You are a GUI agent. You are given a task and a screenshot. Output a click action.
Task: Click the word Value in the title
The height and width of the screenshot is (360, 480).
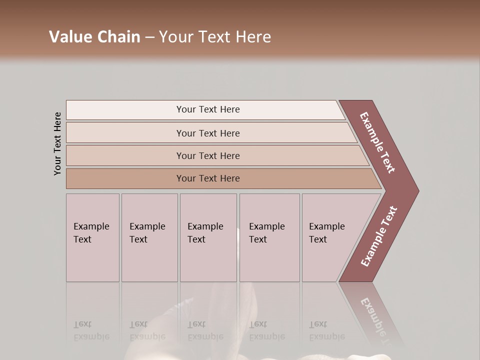tap(69, 36)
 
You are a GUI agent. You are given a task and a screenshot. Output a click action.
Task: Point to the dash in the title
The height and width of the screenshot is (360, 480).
tap(149, 37)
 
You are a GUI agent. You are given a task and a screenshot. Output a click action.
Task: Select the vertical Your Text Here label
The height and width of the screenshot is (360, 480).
tap(57, 143)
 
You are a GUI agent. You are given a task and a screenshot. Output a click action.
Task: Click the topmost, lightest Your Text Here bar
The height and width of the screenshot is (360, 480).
tap(207, 109)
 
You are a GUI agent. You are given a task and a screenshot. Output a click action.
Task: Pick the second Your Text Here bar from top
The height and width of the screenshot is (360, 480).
tap(207, 133)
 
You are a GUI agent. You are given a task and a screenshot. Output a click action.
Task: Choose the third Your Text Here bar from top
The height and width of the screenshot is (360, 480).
tap(207, 155)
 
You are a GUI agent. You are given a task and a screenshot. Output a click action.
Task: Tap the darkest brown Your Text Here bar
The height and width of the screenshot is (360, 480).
tap(207, 178)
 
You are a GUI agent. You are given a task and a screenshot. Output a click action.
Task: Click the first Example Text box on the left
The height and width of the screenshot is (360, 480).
tap(92, 237)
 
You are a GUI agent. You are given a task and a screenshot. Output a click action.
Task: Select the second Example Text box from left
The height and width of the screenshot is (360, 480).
tap(149, 237)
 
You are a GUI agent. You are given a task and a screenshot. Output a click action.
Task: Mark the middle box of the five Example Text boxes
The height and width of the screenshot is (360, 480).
tap(208, 237)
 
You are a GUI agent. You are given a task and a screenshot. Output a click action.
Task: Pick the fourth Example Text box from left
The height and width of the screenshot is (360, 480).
tap(269, 237)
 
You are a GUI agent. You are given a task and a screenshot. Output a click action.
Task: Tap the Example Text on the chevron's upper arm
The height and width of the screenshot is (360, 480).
tap(377, 142)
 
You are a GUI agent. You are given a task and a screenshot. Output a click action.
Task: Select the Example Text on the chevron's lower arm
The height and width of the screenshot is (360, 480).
tap(378, 236)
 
